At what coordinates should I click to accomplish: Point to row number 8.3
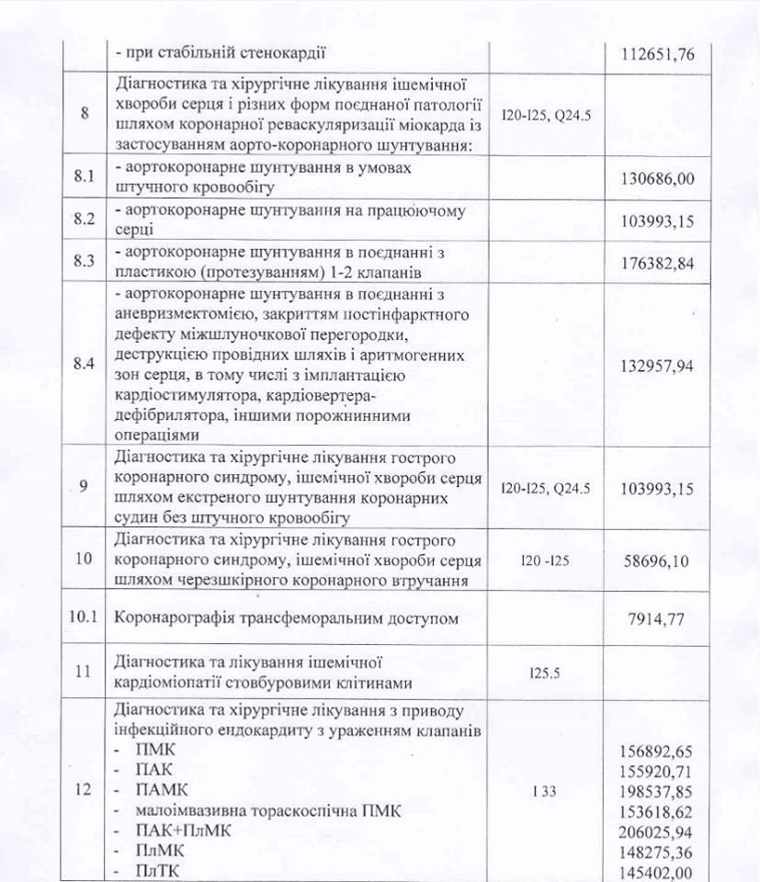click(x=85, y=260)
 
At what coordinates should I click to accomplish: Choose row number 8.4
click(x=85, y=365)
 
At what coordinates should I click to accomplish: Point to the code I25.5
click(x=545, y=673)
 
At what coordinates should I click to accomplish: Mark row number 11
click(x=85, y=672)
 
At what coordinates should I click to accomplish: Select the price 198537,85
click(x=655, y=791)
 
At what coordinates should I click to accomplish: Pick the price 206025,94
click(x=655, y=832)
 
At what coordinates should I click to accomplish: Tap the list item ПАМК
click(x=162, y=791)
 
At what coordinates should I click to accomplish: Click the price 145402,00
click(x=655, y=873)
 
